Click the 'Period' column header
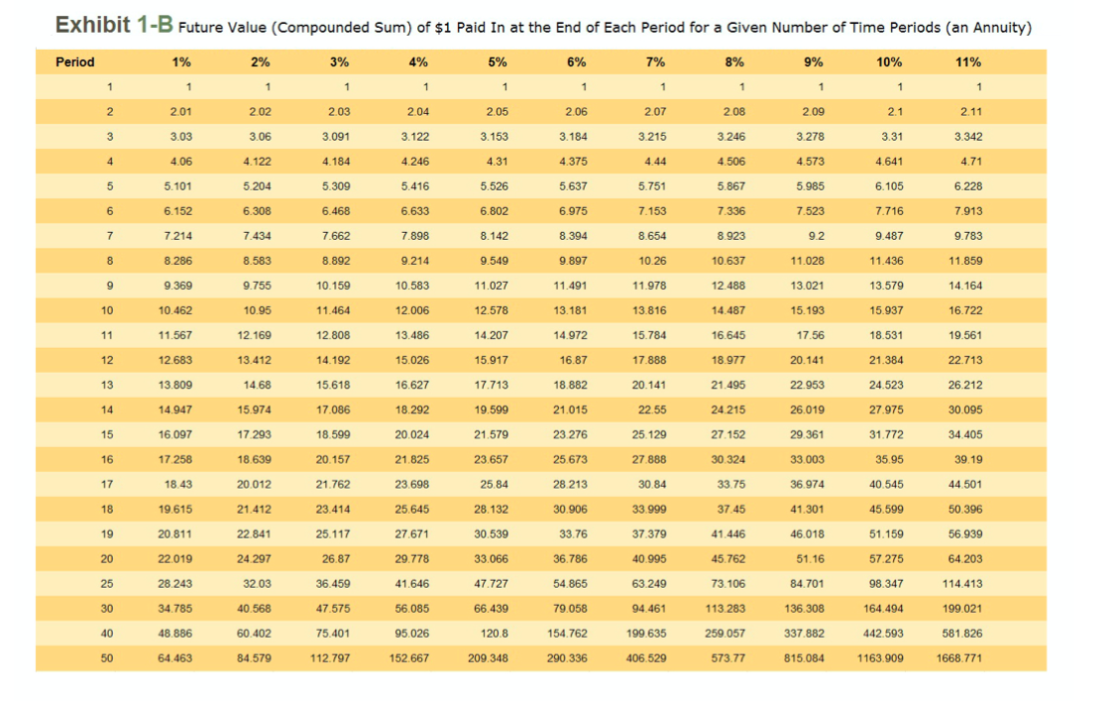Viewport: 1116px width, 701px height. pos(75,61)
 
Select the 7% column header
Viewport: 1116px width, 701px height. pos(655,61)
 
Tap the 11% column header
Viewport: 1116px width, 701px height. pos(968,61)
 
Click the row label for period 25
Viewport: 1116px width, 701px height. pos(106,583)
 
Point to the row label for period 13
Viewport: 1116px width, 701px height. pos(106,385)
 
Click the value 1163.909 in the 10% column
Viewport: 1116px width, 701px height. pos(880,657)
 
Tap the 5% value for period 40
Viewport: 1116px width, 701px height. pos(495,633)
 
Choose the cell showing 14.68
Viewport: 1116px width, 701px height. pos(259,385)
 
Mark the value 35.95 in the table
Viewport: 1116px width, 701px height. pos(888,459)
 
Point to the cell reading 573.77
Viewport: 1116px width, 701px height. pos(732,657)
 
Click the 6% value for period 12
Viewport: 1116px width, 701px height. pos(574,360)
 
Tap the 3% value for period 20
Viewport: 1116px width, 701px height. pos(336,558)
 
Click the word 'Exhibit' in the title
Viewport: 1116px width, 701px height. pos(92,26)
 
